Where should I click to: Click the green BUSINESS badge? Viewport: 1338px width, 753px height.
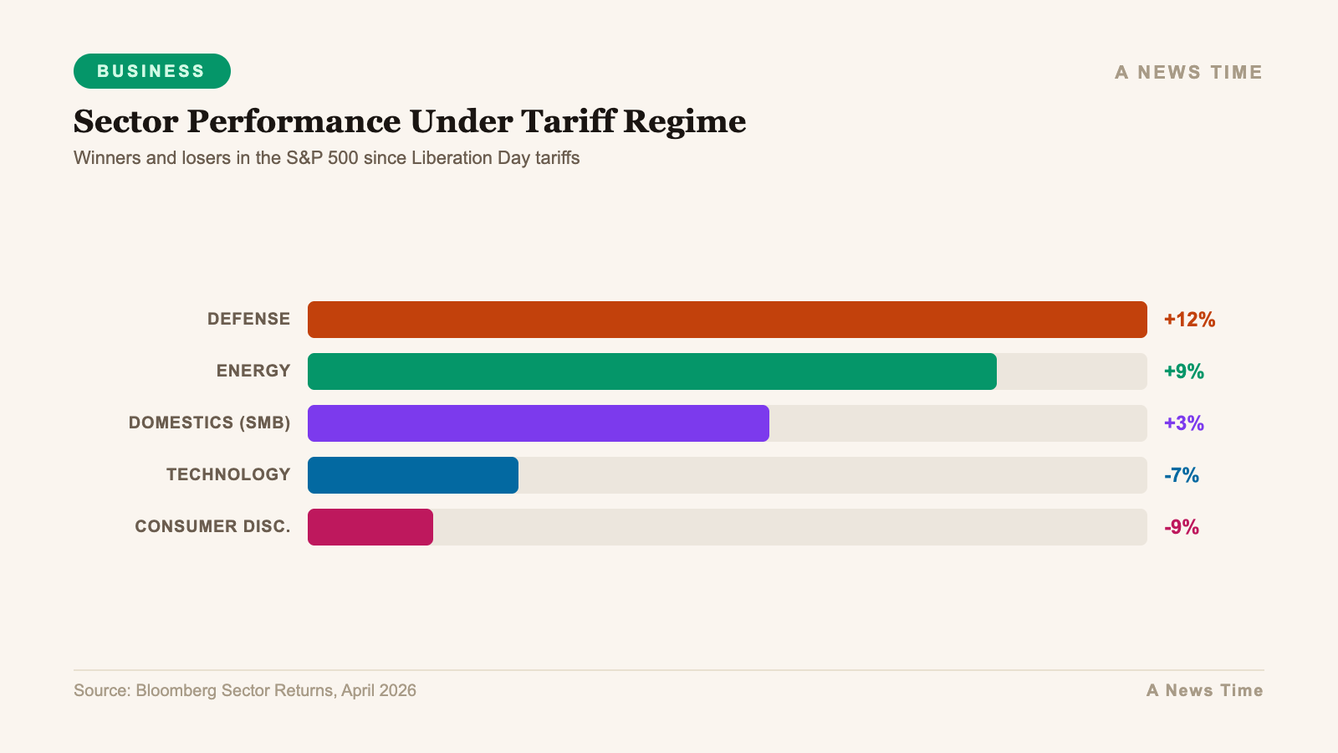(x=151, y=71)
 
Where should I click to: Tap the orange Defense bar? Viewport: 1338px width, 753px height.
(x=727, y=320)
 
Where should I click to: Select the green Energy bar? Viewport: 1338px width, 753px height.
(x=651, y=371)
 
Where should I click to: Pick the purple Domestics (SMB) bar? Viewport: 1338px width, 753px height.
(x=538, y=423)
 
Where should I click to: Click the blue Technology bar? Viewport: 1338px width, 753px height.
(x=412, y=475)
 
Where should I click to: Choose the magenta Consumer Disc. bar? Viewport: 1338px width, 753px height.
(x=370, y=527)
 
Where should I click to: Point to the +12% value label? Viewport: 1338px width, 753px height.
(x=1189, y=320)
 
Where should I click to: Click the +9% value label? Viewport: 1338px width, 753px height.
(x=1183, y=371)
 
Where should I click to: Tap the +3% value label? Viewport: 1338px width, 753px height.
(x=1183, y=423)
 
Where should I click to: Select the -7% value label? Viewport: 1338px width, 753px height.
(x=1181, y=475)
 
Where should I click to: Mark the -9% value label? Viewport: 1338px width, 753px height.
(x=1181, y=527)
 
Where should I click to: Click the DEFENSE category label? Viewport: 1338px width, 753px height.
(x=248, y=319)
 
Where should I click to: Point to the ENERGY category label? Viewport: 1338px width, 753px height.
(x=253, y=371)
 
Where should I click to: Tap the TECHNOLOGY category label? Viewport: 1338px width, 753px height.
(x=227, y=474)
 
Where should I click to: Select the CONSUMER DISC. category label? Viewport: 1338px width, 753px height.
(x=212, y=526)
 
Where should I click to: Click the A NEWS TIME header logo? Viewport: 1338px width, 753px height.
(x=1188, y=73)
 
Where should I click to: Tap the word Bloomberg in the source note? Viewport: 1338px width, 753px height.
(x=176, y=690)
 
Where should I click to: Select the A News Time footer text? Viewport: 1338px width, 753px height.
(x=1204, y=690)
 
